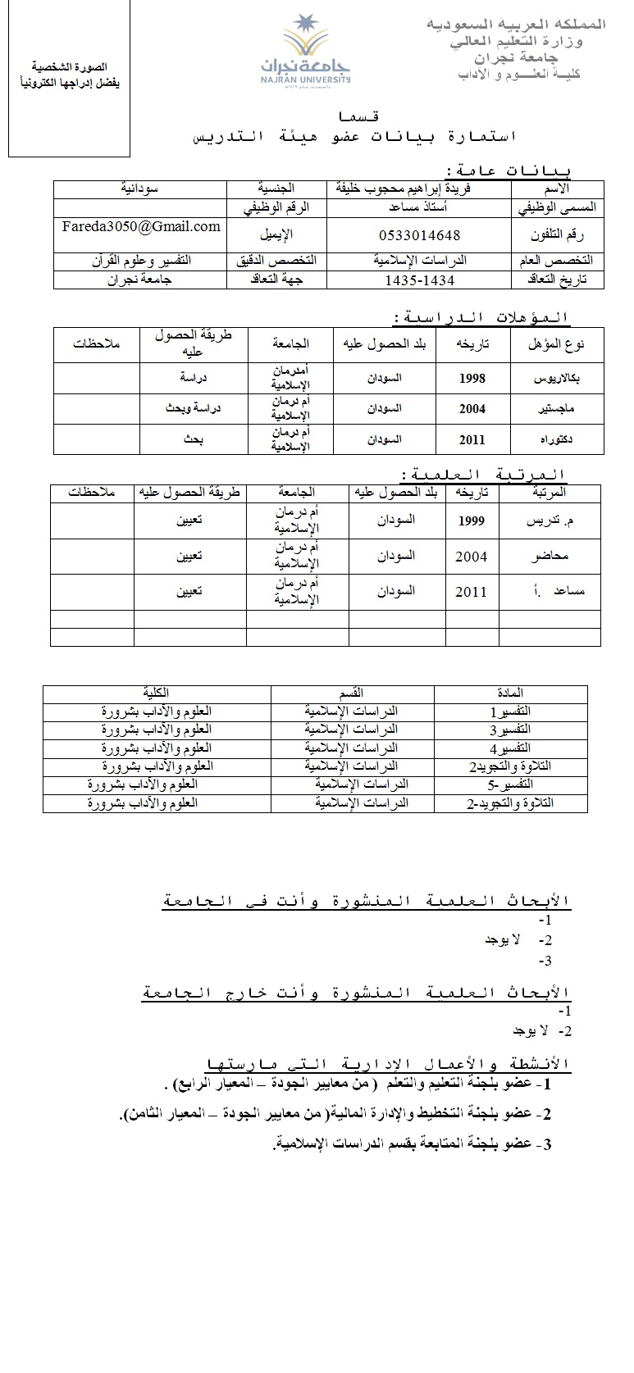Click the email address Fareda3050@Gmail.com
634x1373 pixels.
(141, 226)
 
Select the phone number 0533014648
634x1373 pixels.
(420, 235)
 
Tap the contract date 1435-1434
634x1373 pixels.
(420, 280)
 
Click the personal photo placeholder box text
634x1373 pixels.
(69, 75)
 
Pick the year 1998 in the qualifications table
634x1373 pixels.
(472, 378)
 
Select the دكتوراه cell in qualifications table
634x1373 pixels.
(558, 439)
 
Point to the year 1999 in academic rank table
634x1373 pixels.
(472, 520)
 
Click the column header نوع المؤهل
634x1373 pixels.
(558, 344)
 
